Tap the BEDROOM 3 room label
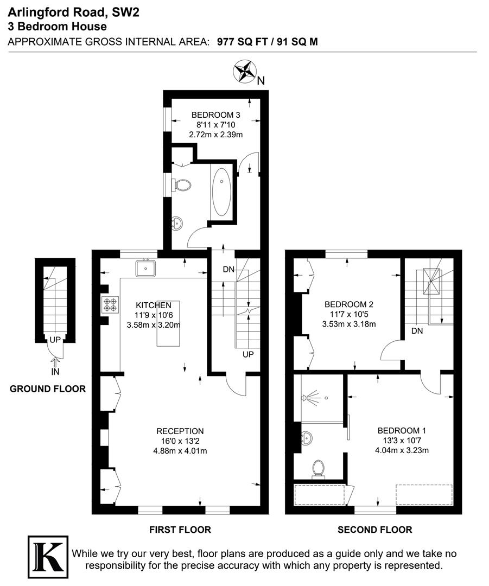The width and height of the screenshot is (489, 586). [215, 114]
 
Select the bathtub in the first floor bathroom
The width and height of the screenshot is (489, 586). [221, 192]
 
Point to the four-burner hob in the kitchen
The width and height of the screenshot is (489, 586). [111, 305]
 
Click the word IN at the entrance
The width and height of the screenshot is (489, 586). [55, 372]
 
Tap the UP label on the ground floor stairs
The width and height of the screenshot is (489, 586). [55, 339]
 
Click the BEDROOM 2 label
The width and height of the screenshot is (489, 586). [348, 304]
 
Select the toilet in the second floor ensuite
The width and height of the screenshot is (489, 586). [319, 469]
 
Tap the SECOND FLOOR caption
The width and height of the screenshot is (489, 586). [374, 530]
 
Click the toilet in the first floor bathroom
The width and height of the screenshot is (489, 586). [182, 185]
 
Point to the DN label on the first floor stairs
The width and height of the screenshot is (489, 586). [228, 269]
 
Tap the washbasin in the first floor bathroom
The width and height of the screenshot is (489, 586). [177, 223]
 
